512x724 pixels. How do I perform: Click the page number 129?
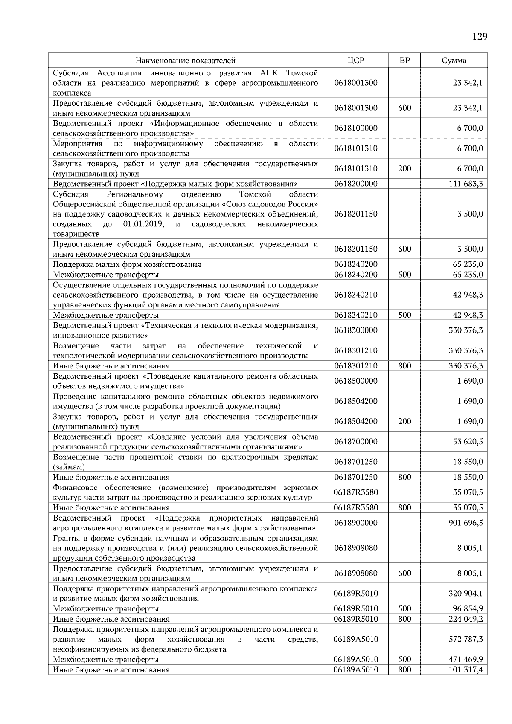(480, 36)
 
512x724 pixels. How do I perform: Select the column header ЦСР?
(356, 61)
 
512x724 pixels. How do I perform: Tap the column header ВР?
(404, 61)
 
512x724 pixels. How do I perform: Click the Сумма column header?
(454, 61)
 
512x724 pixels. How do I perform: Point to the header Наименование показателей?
(186, 61)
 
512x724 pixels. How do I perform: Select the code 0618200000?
(356, 184)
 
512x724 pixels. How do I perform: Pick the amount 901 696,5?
(466, 523)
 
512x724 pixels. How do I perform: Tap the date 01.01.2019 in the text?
(143, 224)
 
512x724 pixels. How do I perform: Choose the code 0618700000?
(356, 442)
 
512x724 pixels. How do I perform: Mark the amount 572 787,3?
(466, 639)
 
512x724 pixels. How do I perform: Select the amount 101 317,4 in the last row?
(466, 670)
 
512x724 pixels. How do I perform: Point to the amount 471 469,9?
(466, 660)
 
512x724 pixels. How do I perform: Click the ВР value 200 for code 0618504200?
(404, 422)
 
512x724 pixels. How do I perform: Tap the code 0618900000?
(356, 523)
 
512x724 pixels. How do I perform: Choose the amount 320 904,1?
(466, 594)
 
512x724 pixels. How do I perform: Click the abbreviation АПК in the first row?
(269, 73)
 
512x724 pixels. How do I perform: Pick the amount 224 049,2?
(466, 619)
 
